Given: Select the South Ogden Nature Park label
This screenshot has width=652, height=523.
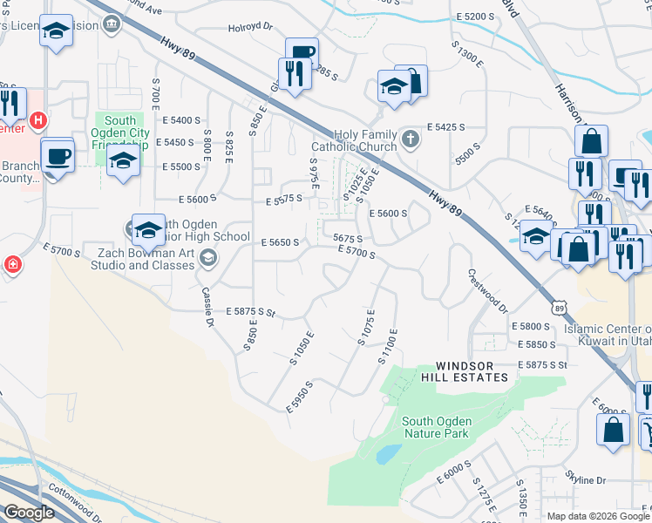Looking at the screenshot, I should [x=436, y=427].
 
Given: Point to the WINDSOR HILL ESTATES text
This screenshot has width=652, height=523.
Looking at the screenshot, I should [x=471, y=371].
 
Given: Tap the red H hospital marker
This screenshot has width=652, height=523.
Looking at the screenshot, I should [x=37, y=119].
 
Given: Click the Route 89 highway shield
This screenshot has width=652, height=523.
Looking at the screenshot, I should [x=559, y=307].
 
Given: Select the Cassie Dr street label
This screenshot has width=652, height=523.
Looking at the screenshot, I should [x=208, y=307].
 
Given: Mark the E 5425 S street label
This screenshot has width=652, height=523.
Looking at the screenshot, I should [x=443, y=127].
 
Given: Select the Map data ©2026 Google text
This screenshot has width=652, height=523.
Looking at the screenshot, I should [x=597, y=516].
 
